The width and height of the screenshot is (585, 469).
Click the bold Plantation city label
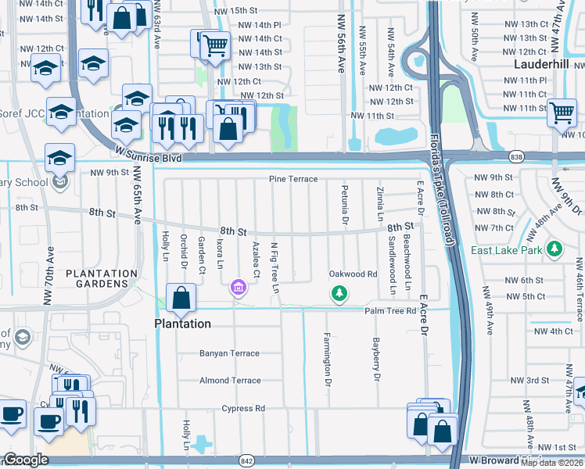(x=181, y=324)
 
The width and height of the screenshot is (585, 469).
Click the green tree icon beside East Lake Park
(x=554, y=249)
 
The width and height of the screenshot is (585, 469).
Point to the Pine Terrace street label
(x=293, y=179)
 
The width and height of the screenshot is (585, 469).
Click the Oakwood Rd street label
(x=353, y=274)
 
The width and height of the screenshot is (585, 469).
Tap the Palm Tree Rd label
(x=389, y=311)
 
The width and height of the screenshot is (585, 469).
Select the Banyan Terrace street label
(x=228, y=353)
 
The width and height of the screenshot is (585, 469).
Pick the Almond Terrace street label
(x=229, y=381)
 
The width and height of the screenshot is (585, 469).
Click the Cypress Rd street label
(x=243, y=408)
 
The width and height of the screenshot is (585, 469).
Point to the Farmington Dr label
(x=328, y=360)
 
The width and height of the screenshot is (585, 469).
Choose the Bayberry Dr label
(x=376, y=360)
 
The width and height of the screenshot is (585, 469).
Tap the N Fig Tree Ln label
(x=275, y=267)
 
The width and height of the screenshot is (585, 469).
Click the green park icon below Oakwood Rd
(x=339, y=293)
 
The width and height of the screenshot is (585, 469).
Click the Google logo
(x=26, y=460)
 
